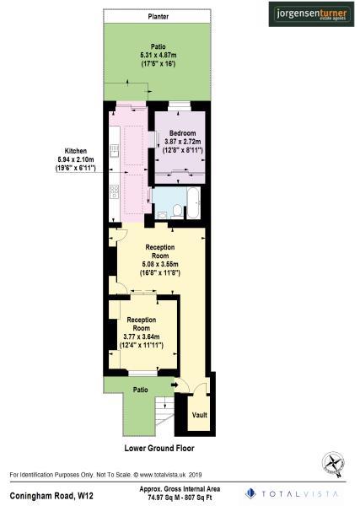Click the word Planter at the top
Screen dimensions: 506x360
[158, 16]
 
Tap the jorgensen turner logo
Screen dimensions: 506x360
[309, 13]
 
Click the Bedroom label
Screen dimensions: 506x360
[182, 134]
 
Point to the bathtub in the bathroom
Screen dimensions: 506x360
[192, 205]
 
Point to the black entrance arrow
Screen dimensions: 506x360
[173, 386]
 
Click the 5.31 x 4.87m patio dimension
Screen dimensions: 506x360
[158, 56]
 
